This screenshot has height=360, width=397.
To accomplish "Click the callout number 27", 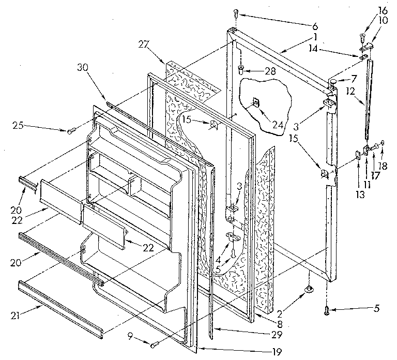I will (142, 44).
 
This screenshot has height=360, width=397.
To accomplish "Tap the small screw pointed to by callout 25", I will (70, 131).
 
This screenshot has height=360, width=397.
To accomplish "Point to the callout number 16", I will (382, 10).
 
